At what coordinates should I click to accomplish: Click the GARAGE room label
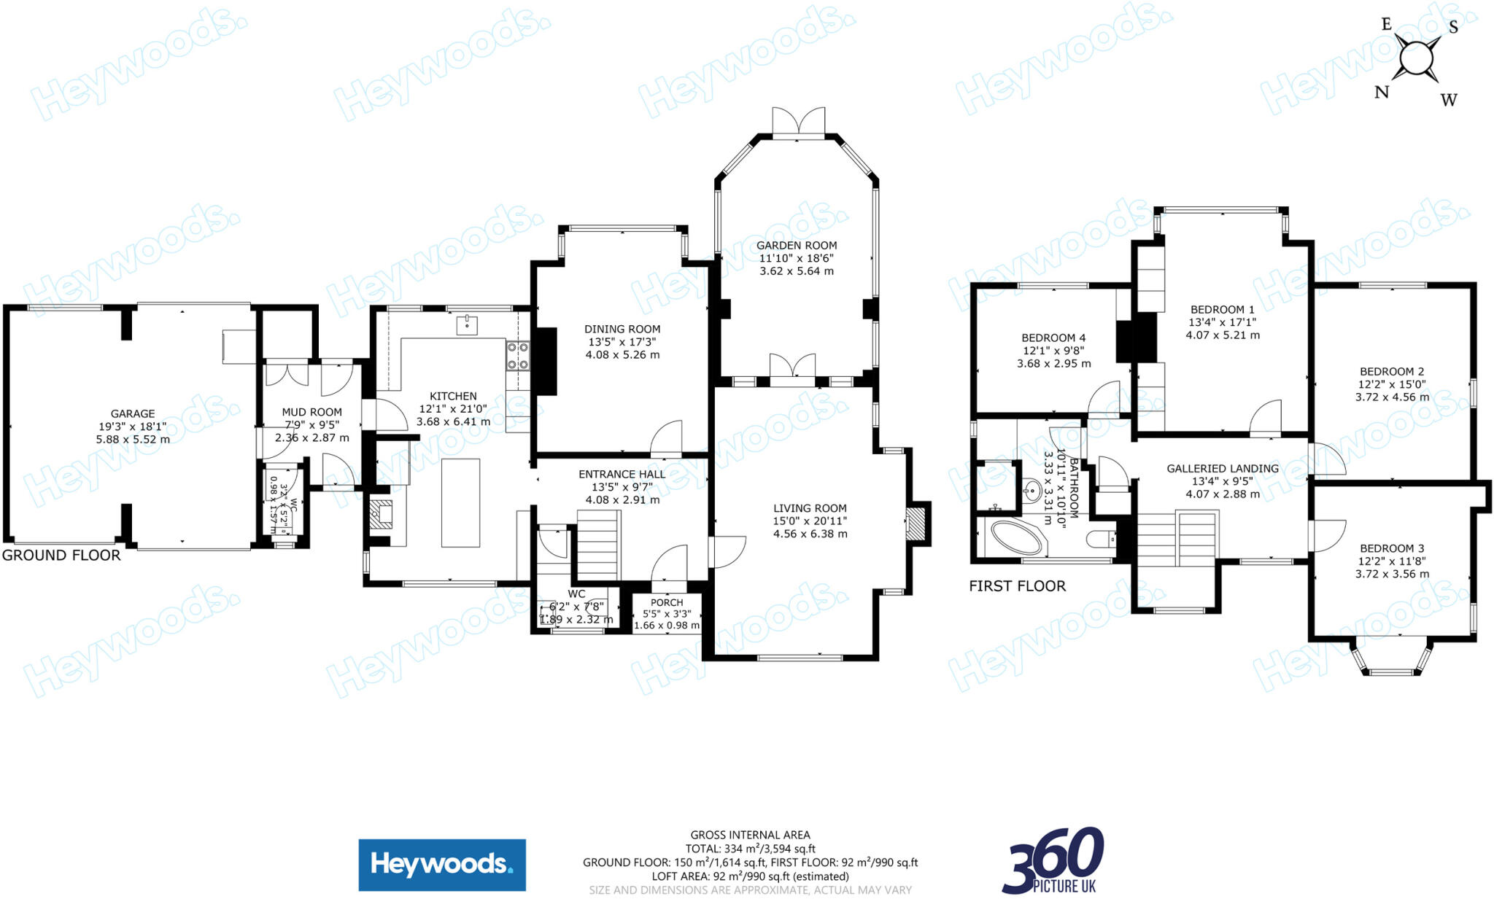coord(133,413)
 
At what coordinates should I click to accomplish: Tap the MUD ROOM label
coord(311,412)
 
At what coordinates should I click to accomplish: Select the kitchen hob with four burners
coord(518,357)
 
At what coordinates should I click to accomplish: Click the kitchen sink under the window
coord(467,325)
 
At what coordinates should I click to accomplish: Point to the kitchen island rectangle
coord(460,502)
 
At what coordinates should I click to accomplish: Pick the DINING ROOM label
coord(622,329)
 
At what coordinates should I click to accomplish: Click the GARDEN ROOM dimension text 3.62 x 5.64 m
coord(797,271)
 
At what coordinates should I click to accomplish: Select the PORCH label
coord(667,602)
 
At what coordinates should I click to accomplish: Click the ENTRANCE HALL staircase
coord(598,545)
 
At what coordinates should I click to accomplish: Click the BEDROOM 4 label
coord(1053,338)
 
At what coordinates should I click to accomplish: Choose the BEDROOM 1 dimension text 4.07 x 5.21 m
coord(1223,335)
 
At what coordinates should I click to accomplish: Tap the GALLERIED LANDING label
coord(1223,468)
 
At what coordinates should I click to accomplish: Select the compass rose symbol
coord(1416,58)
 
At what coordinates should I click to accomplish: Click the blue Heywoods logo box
coord(442,865)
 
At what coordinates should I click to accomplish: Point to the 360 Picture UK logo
coord(1053,861)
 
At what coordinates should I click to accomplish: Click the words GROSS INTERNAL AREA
coord(750,835)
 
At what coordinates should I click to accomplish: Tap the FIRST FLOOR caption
coord(1017,585)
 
